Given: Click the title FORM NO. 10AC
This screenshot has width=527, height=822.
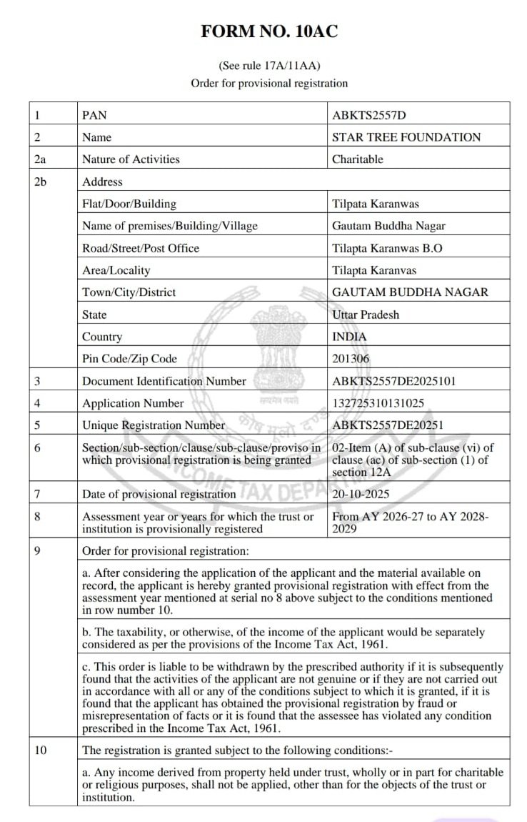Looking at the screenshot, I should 268,31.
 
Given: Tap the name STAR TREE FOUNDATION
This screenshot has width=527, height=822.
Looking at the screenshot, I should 406,137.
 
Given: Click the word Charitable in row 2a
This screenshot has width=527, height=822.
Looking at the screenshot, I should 358,159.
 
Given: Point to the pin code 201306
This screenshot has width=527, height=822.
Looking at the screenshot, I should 351,359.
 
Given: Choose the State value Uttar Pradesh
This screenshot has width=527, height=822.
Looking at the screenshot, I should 366,315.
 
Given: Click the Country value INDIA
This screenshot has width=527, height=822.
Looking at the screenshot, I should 350,337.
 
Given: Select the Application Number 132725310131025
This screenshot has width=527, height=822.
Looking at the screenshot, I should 378,403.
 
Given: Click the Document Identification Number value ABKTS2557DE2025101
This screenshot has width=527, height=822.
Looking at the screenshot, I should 394,381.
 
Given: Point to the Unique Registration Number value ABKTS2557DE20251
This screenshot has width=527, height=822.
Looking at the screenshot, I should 388,425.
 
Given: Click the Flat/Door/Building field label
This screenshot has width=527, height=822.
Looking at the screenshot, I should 129,204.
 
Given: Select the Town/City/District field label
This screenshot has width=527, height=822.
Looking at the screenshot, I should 129,292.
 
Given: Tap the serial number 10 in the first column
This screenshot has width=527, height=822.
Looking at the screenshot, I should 41,751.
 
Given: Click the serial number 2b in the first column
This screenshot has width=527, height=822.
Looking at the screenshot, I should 40,182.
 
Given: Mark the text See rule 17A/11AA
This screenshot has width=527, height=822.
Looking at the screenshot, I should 268,65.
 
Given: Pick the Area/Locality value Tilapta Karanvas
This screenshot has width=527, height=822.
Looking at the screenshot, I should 374,270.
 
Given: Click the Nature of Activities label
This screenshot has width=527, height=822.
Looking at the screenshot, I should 131,159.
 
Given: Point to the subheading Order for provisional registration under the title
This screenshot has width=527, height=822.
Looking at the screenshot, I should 269,83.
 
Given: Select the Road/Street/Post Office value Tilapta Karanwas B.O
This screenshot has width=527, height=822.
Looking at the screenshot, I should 386,248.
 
